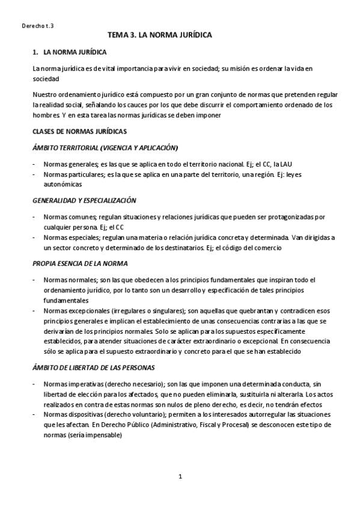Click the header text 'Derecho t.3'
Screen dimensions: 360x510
tap(37, 26)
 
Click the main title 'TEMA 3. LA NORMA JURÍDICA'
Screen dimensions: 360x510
tap(159, 36)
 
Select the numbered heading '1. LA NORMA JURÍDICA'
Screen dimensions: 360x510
tap(70, 53)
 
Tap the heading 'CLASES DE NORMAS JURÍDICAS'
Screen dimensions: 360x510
tap(79, 131)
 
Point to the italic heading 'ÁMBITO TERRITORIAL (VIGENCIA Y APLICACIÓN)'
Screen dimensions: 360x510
tap(105, 147)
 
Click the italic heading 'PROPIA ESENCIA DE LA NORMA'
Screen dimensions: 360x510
tap(80, 263)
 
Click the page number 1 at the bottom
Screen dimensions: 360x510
tap(180, 477)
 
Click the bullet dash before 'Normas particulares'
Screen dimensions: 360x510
tap(34, 174)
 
